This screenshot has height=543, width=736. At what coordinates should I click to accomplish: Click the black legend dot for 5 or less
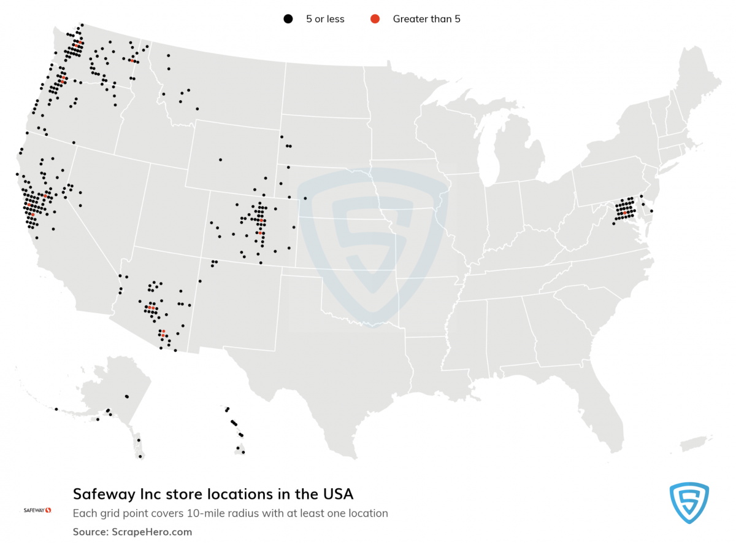pyautogui.click(x=287, y=19)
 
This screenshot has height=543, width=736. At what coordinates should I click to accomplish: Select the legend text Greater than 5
pyautogui.click(x=426, y=19)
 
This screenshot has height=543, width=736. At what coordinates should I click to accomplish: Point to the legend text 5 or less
pyautogui.click(x=325, y=19)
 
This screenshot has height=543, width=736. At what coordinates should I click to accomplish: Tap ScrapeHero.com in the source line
pyautogui.click(x=151, y=532)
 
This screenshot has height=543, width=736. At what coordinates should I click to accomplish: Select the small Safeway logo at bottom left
pyautogui.click(x=37, y=510)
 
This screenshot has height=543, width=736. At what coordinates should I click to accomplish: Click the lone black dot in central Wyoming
pyautogui.click(x=220, y=160)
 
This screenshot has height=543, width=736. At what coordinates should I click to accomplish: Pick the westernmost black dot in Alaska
pyautogui.click(x=56, y=409)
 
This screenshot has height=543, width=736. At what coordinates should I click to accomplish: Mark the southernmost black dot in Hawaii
pyautogui.click(x=243, y=453)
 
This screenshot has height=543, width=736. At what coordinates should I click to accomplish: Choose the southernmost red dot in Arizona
pyautogui.click(x=164, y=332)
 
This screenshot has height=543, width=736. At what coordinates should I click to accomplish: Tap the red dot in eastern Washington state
pyautogui.click(x=131, y=60)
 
